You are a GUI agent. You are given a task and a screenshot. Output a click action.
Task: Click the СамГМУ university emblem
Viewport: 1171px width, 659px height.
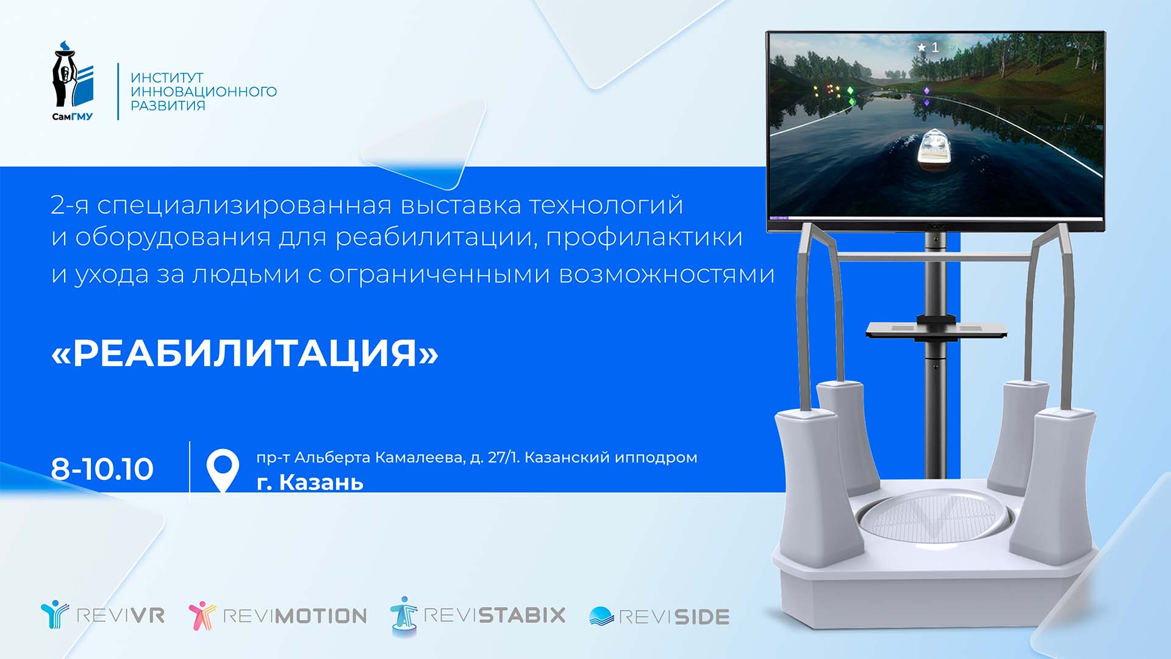pos(73,81)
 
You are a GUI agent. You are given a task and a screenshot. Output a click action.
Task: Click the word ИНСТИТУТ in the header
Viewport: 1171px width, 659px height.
pos(167,77)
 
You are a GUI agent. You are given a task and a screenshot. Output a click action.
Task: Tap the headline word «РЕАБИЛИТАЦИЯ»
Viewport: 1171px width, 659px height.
pos(245,353)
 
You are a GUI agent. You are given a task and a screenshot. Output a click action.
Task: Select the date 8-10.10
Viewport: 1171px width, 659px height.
pos(102,469)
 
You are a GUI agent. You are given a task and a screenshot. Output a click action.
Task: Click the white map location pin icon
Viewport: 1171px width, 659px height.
pos(223,470)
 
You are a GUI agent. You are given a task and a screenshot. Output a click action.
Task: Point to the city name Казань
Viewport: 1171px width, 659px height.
pos(321,483)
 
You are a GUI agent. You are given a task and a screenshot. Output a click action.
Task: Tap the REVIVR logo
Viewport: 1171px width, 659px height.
pos(102,614)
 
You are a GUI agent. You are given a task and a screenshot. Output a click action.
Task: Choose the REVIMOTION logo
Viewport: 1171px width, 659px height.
pos(278,615)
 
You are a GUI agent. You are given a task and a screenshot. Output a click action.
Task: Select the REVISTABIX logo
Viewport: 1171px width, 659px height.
pos(478,615)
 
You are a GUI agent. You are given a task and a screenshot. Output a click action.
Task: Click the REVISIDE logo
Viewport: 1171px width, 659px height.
pos(659,616)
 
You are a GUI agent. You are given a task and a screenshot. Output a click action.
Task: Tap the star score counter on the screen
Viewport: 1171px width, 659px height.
pos(928,47)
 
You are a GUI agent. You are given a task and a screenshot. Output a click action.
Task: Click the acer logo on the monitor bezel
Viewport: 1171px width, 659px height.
pos(936,226)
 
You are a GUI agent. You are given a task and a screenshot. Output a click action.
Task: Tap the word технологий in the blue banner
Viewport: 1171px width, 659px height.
pos(606,206)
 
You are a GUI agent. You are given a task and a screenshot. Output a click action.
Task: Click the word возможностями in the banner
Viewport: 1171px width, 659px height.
pos(667,275)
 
